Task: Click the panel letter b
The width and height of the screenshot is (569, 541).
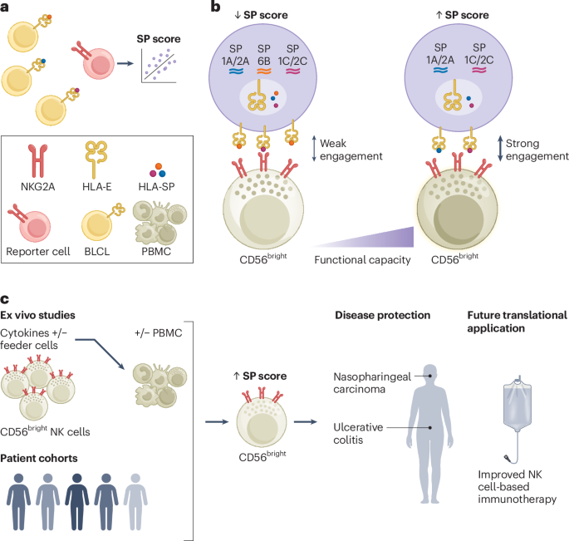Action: (215, 7)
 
